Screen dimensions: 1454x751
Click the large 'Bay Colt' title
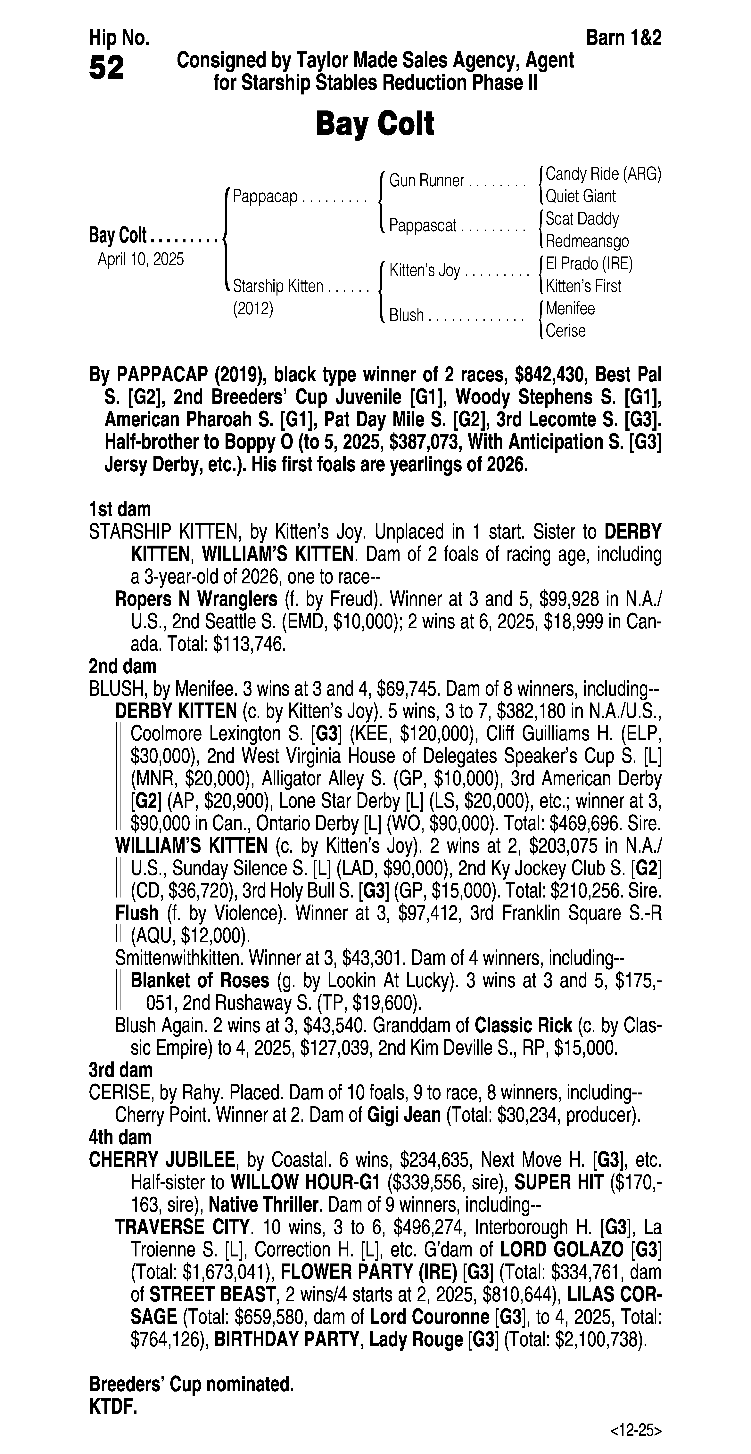(375, 124)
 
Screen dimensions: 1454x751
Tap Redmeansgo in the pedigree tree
(587, 242)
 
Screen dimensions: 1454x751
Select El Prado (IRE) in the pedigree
(589, 264)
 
